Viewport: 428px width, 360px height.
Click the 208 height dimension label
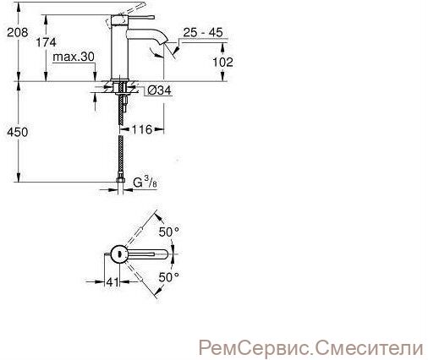(18, 32)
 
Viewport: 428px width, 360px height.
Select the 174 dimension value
(46, 42)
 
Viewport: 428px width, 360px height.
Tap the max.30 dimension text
(74, 57)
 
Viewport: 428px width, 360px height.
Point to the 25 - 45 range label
(203, 32)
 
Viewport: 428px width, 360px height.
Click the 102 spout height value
(222, 62)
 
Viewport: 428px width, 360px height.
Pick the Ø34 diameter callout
(159, 90)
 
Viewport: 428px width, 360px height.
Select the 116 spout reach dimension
(142, 129)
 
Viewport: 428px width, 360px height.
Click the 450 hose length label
(18, 132)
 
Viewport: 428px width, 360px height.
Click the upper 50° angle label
(169, 232)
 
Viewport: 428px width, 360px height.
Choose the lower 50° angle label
(169, 277)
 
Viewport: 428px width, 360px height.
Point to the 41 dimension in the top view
(112, 281)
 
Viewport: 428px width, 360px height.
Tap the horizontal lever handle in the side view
(140, 18)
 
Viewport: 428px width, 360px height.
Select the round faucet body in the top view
(119, 254)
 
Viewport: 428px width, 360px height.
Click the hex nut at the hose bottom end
(120, 179)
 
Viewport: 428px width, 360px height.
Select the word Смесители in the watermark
(370, 348)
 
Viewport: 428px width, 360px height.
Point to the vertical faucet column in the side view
(119, 48)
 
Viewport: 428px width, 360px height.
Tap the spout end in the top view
(163, 254)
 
